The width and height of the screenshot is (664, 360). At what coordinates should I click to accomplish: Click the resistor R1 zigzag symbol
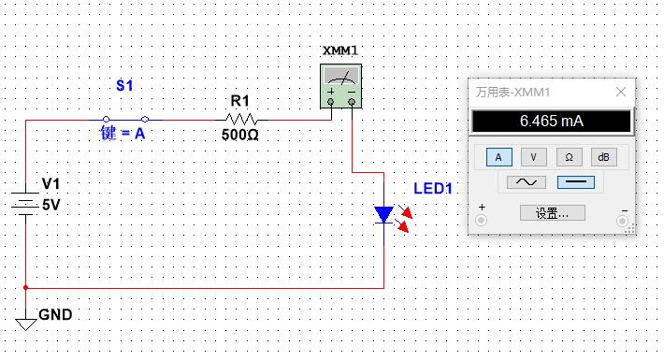(x=241, y=119)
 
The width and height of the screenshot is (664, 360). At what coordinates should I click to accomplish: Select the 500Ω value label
(x=240, y=136)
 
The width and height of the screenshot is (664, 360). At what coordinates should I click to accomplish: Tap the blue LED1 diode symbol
(x=384, y=215)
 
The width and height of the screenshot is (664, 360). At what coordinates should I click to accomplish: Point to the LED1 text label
(x=433, y=189)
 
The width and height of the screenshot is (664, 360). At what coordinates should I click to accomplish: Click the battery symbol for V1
(x=25, y=203)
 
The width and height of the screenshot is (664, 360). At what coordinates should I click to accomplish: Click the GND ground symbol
(x=26, y=320)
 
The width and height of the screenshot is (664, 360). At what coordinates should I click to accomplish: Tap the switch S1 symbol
(x=124, y=119)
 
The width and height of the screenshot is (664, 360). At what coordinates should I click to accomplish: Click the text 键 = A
(x=123, y=134)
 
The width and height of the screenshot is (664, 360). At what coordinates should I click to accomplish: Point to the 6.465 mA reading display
(x=551, y=122)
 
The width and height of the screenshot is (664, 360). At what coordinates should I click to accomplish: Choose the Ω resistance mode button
(x=569, y=157)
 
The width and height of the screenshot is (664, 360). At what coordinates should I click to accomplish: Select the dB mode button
(x=604, y=157)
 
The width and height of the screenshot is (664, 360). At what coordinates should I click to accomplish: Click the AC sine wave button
(x=526, y=182)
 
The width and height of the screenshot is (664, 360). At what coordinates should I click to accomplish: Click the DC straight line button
(x=575, y=182)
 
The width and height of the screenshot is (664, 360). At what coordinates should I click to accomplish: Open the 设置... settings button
(x=552, y=213)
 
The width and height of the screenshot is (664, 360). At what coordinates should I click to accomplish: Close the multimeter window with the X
(x=621, y=92)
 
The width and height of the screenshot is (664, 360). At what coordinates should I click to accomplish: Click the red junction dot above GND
(x=26, y=287)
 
